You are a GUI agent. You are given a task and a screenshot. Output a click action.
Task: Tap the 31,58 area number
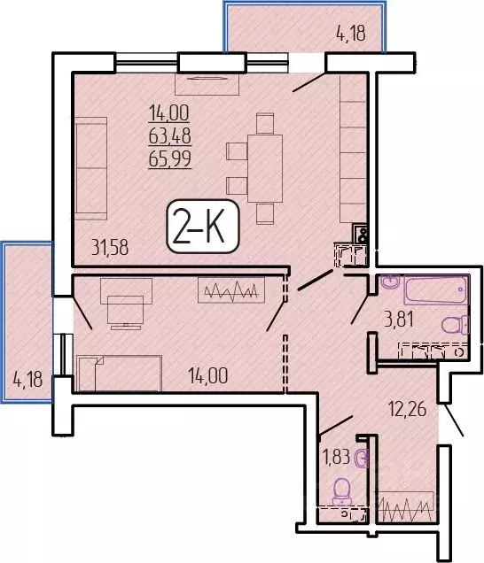tap(110, 248)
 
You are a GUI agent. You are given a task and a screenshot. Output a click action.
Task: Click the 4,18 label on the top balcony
tap(350, 36)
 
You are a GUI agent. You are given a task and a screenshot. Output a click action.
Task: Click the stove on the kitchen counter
tap(361, 235)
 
